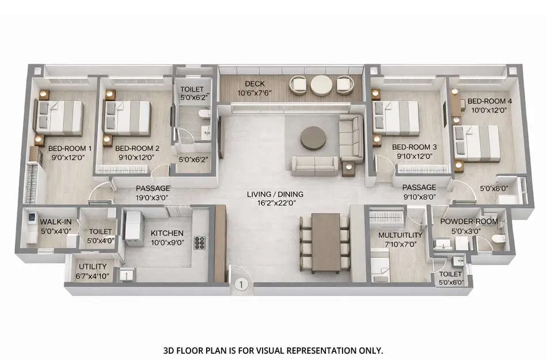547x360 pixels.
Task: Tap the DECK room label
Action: click(254, 84)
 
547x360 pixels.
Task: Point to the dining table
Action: click(326, 242)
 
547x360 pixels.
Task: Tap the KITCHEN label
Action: click(167, 233)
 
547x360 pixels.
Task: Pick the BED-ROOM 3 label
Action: click(414, 147)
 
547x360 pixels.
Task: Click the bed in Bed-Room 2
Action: click(128, 118)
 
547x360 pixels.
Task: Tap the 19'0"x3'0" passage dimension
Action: click(153, 198)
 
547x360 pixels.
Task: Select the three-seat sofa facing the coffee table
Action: click(315, 166)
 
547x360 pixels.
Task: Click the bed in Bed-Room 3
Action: click(397, 118)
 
